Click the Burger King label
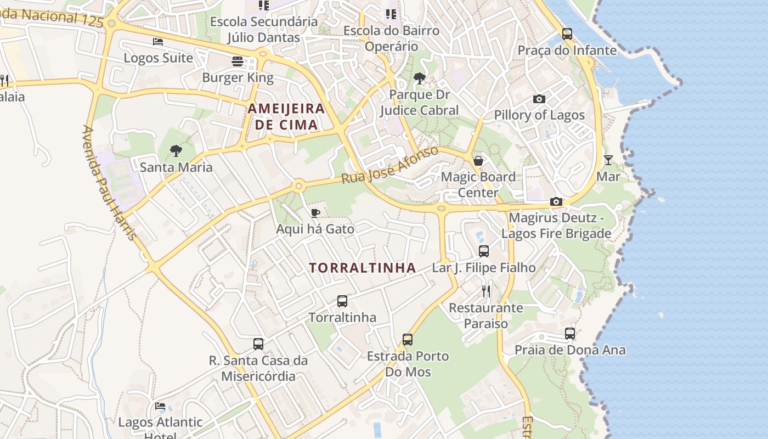(x=238, y=77)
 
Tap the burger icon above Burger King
(x=238, y=61)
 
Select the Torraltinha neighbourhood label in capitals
(x=362, y=268)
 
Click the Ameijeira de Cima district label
(x=286, y=116)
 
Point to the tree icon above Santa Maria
(x=176, y=150)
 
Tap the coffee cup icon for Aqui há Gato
(x=315, y=213)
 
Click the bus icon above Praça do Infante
(x=567, y=34)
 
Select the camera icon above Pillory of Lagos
(x=539, y=99)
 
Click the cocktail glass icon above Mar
(x=608, y=160)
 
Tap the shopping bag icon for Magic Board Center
(x=478, y=161)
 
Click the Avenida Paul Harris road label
(x=109, y=183)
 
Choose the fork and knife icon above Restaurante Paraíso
(x=485, y=291)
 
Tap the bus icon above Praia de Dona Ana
(x=570, y=333)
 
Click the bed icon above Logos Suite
(x=158, y=42)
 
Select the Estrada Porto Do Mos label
(x=408, y=364)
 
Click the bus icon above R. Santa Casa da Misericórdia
(x=258, y=344)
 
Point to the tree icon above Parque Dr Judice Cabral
(x=420, y=78)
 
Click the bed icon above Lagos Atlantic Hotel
(x=160, y=406)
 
